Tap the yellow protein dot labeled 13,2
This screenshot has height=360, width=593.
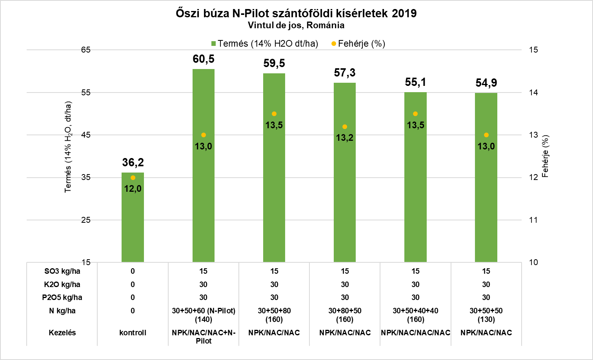click(x=345, y=127)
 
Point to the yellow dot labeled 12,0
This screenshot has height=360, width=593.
click(x=133, y=178)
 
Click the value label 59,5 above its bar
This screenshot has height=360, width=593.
click(x=274, y=63)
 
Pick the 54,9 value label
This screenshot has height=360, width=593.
click(x=486, y=83)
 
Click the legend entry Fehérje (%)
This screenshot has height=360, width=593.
click(x=358, y=44)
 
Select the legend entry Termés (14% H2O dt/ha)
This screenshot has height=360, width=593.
click(x=265, y=44)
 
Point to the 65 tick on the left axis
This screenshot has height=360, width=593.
click(x=86, y=50)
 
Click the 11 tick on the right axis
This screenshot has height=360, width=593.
click(x=533, y=220)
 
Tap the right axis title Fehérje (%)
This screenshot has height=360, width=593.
click(x=545, y=156)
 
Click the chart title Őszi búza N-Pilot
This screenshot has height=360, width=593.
click(x=296, y=13)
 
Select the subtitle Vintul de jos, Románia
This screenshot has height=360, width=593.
click(x=296, y=25)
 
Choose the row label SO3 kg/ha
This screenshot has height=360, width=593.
click(x=62, y=271)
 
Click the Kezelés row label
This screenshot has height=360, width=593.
click(x=62, y=333)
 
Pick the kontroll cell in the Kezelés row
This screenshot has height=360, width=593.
click(x=133, y=333)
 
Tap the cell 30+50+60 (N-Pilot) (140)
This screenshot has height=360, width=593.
click(x=204, y=315)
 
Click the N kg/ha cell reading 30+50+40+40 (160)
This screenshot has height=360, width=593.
click(x=415, y=315)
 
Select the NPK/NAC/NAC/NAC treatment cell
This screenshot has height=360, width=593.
click(x=415, y=333)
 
